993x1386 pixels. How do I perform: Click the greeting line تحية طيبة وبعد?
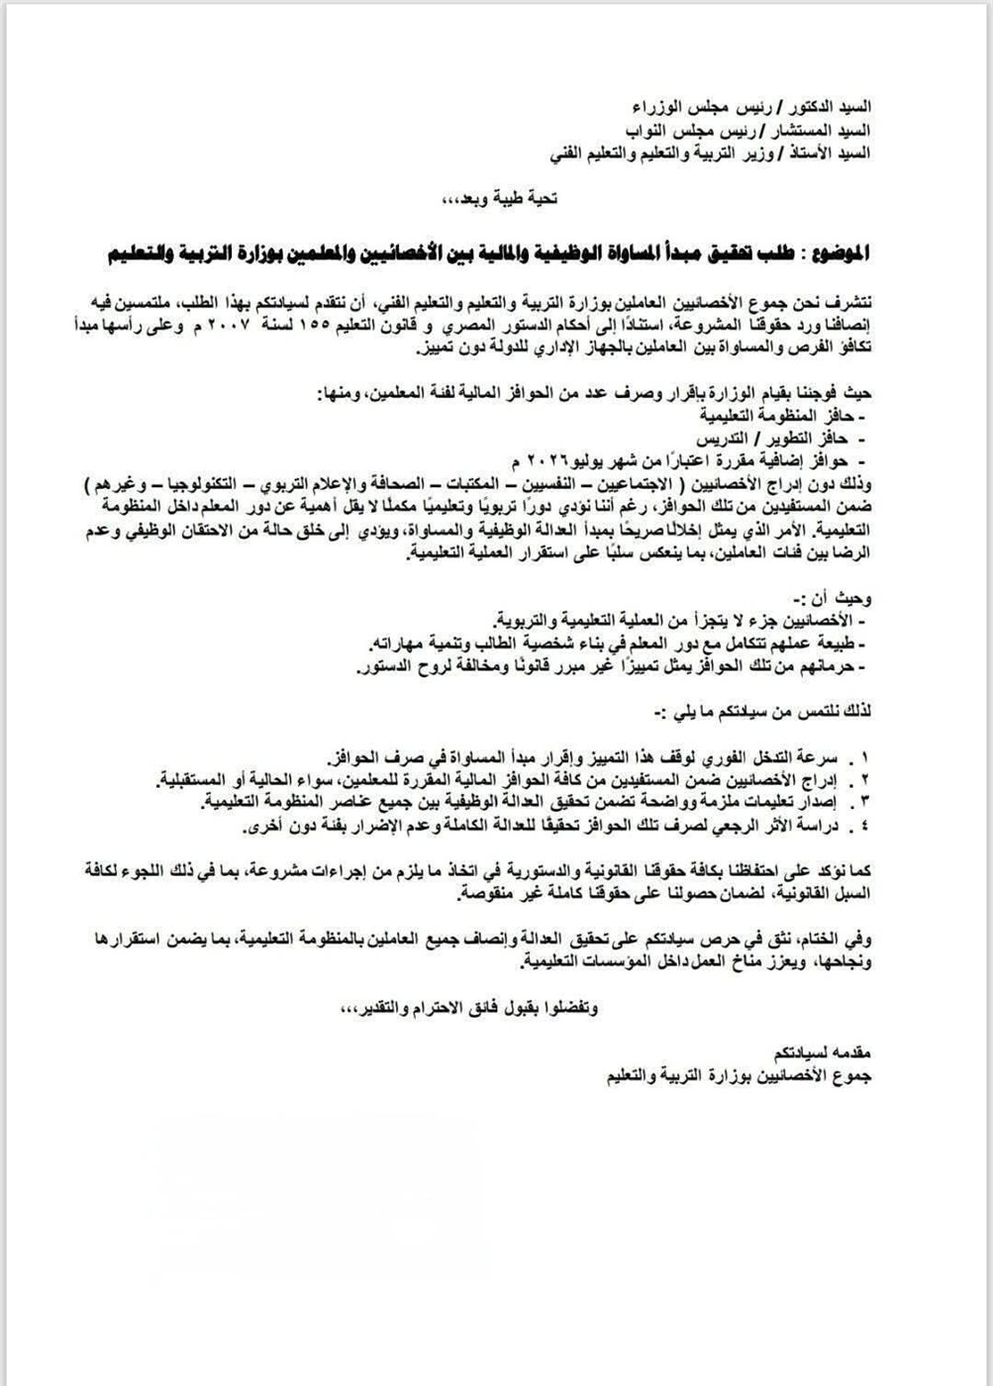(503, 199)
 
